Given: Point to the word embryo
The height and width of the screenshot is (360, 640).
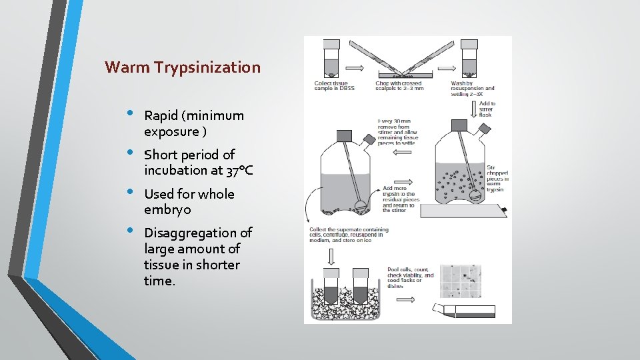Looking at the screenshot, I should click(167, 210).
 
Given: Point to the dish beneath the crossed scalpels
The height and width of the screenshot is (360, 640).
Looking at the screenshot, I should click(406, 73).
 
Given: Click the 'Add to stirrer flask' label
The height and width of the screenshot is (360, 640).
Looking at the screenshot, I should click(487, 109).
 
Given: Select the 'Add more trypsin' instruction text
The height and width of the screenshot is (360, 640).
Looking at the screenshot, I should click(399, 199).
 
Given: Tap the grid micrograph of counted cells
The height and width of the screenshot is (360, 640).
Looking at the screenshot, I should click(461, 278).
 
